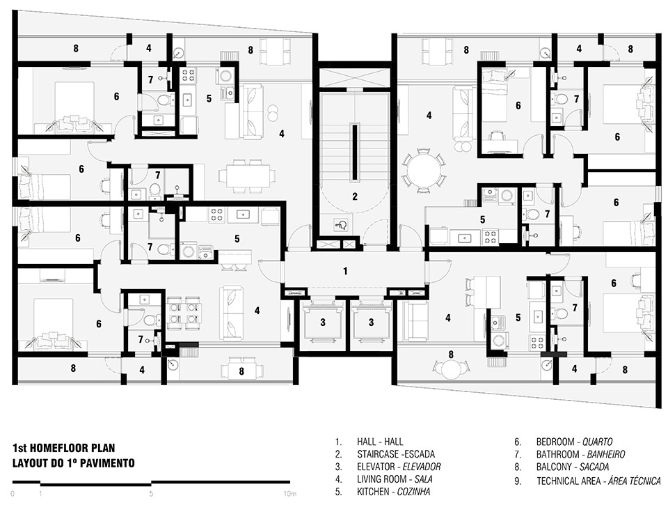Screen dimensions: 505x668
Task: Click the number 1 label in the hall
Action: [x=344, y=271]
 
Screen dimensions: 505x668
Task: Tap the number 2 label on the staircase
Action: [x=354, y=196]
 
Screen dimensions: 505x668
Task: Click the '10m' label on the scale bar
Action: [x=290, y=494]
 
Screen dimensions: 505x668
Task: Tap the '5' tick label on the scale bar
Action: [x=151, y=494]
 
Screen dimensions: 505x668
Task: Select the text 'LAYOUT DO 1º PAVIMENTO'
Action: [x=72, y=463]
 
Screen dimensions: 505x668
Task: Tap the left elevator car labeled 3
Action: [x=322, y=321]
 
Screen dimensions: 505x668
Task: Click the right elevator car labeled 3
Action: [x=371, y=321]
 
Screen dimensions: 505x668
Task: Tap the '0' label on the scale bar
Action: [x=13, y=494]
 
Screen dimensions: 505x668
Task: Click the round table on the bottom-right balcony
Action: [x=452, y=368]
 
